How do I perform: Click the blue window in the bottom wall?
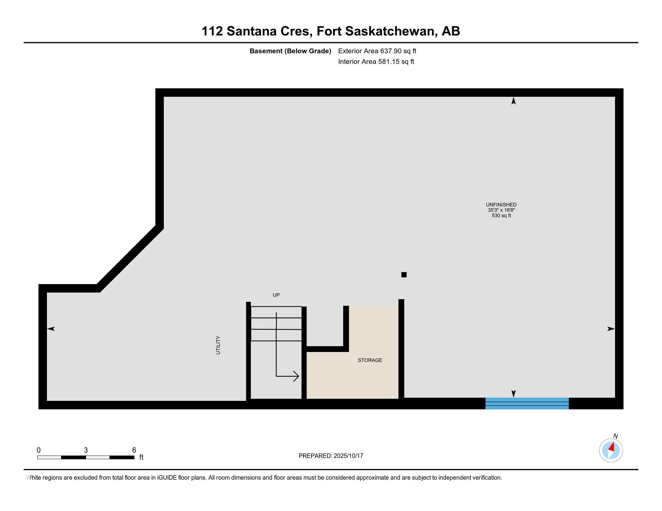click(527, 403)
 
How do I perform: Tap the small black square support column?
click(404, 274)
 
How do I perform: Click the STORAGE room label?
click(370, 360)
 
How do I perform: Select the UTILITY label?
click(218, 345)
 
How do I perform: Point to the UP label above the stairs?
click(276, 295)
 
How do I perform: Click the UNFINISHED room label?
click(501, 205)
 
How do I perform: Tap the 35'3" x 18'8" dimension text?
click(501, 210)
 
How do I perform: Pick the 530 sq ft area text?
click(501, 216)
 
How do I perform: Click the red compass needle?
click(612, 447)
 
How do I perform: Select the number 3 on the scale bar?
click(86, 450)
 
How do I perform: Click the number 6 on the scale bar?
click(134, 450)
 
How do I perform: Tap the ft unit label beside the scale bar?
click(141, 457)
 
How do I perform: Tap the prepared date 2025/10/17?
click(348, 456)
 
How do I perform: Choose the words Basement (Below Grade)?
click(290, 51)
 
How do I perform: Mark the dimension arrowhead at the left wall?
click(51, 329)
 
